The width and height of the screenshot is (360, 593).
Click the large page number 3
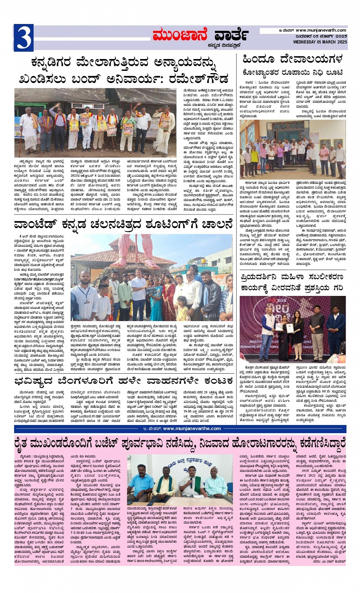pos(24,38)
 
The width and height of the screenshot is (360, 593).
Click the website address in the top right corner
pos(321,30)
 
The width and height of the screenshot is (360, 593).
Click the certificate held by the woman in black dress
pos(290,327)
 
